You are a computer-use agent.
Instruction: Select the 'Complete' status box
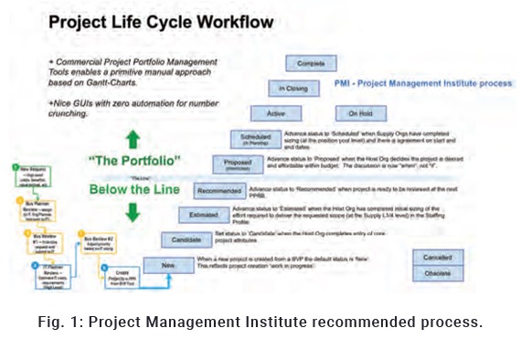coord(312,64)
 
